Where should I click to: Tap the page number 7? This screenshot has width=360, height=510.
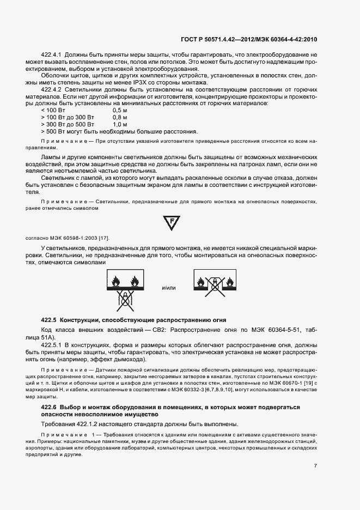point(315,465)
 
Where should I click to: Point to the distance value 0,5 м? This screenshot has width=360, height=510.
point(120,110)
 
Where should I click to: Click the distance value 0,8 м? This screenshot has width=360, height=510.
point(120,117)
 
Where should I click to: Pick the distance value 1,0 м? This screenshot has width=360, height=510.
point(120,124)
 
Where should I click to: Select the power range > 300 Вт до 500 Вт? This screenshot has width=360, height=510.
point(68,124)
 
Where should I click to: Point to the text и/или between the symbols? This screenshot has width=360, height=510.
point(170,287)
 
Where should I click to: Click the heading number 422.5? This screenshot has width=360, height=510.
point(50,319)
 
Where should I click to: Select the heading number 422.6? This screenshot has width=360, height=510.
point(50,407)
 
